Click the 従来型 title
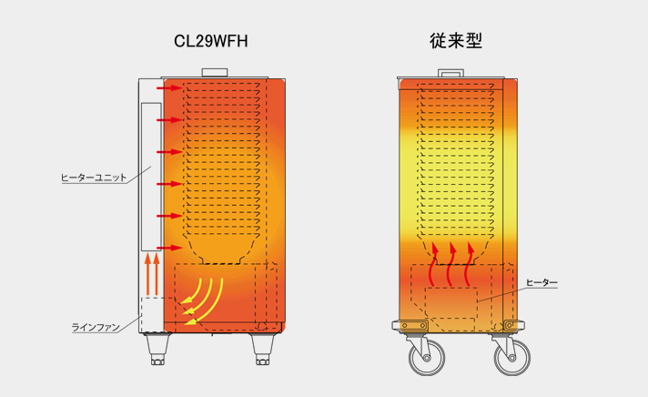455,41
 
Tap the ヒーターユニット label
93,177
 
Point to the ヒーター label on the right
542,283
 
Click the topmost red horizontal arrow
168,89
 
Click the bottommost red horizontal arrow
168,248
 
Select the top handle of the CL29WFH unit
216,72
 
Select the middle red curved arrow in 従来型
452,263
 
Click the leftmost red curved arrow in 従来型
434,263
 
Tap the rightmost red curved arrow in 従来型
470,263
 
